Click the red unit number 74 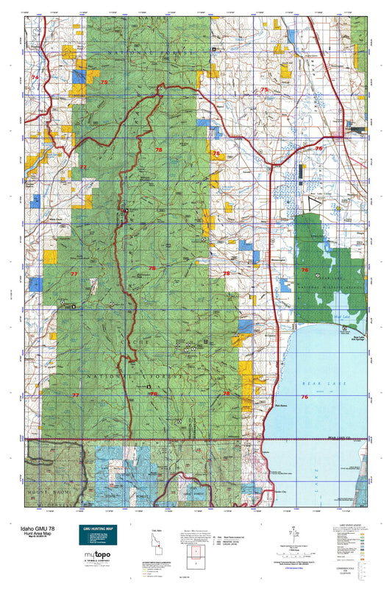tap(35, 77)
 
